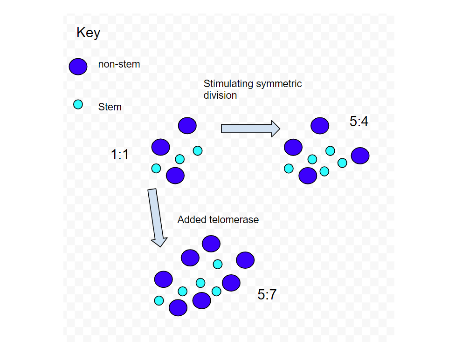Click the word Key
(x=88, y=33)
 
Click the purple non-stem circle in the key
(x=78, y=67)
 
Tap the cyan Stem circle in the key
(x=78, y=105)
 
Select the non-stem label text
(x=119, y=64)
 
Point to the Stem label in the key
(x=110, y=107)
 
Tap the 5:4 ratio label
(x=359, y=122)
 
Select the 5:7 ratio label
(x=267, y=294)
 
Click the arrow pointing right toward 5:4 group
(x=250, y=128)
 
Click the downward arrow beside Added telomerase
(x=157, y=217)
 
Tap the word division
(x=220, y=95)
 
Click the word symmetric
(x=278, y=84)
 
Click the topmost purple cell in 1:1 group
(x=187, y=125)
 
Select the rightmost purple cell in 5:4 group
(x=360, y=156)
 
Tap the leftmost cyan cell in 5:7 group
(x=159, y=300)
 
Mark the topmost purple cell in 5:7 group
(x=211, y=243)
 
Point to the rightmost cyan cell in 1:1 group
(x=198, y=150)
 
